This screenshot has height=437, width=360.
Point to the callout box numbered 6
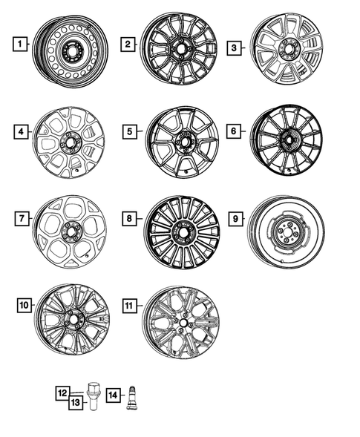(234, 131)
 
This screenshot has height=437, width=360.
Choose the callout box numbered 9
(234, 220)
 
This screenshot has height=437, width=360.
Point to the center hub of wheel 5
(183, 140)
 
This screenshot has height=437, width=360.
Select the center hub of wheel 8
(181, 231)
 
